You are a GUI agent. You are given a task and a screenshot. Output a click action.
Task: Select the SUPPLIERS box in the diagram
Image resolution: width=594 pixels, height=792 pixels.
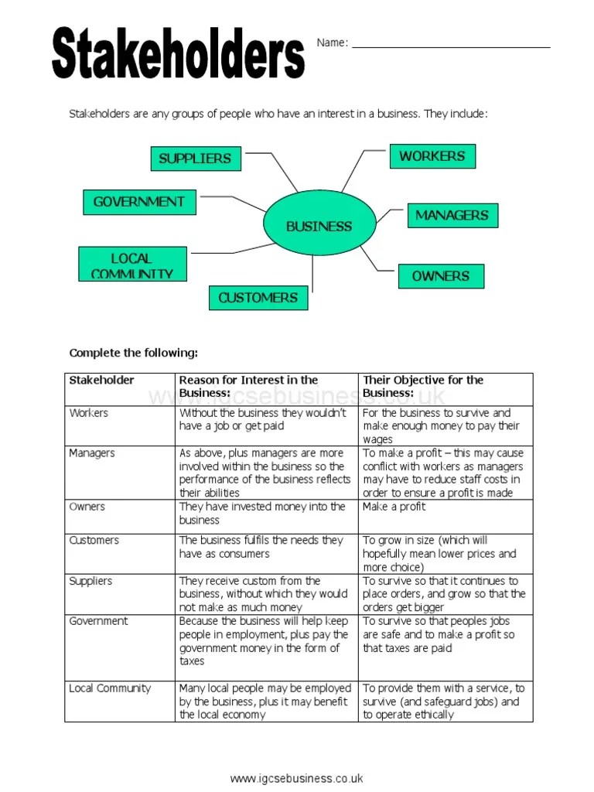point(195,159)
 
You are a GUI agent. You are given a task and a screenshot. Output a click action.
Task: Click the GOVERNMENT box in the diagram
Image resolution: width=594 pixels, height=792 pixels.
point(139,202)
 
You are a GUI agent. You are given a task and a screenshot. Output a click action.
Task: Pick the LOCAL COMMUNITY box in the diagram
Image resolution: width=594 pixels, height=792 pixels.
point(132,264)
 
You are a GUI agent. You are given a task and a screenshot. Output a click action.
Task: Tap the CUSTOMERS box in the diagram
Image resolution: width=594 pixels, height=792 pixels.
point(258,298)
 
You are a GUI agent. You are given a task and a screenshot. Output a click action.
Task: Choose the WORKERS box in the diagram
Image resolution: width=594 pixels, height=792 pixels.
point(432,156)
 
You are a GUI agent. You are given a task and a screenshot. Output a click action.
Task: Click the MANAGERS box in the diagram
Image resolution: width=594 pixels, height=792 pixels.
point(452,216)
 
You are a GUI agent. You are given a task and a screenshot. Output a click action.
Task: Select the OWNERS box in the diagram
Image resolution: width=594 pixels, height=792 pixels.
point(441,276)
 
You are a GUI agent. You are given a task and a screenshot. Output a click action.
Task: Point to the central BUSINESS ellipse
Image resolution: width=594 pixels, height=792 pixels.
point(319,226)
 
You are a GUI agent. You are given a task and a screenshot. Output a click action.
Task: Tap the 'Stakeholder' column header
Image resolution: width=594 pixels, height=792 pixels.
point(101,380)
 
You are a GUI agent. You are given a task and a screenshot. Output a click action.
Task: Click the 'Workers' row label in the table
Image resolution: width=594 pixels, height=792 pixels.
point(89,413)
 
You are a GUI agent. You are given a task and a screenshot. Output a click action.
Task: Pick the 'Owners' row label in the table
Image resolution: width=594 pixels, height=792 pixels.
point(87,507)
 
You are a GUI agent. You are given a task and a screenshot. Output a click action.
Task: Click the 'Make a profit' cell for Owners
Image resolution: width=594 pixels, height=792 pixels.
point(394,507)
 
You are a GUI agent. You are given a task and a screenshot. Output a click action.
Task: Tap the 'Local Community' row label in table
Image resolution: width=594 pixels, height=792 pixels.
point(110,688)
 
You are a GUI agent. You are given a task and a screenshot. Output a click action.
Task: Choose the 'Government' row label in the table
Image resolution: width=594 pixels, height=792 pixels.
point(99,621)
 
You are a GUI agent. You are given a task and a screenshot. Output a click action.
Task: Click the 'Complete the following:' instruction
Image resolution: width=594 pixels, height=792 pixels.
point(134,353)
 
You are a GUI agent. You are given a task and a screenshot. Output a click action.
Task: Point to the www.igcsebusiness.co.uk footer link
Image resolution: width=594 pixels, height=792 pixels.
point(296,778)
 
